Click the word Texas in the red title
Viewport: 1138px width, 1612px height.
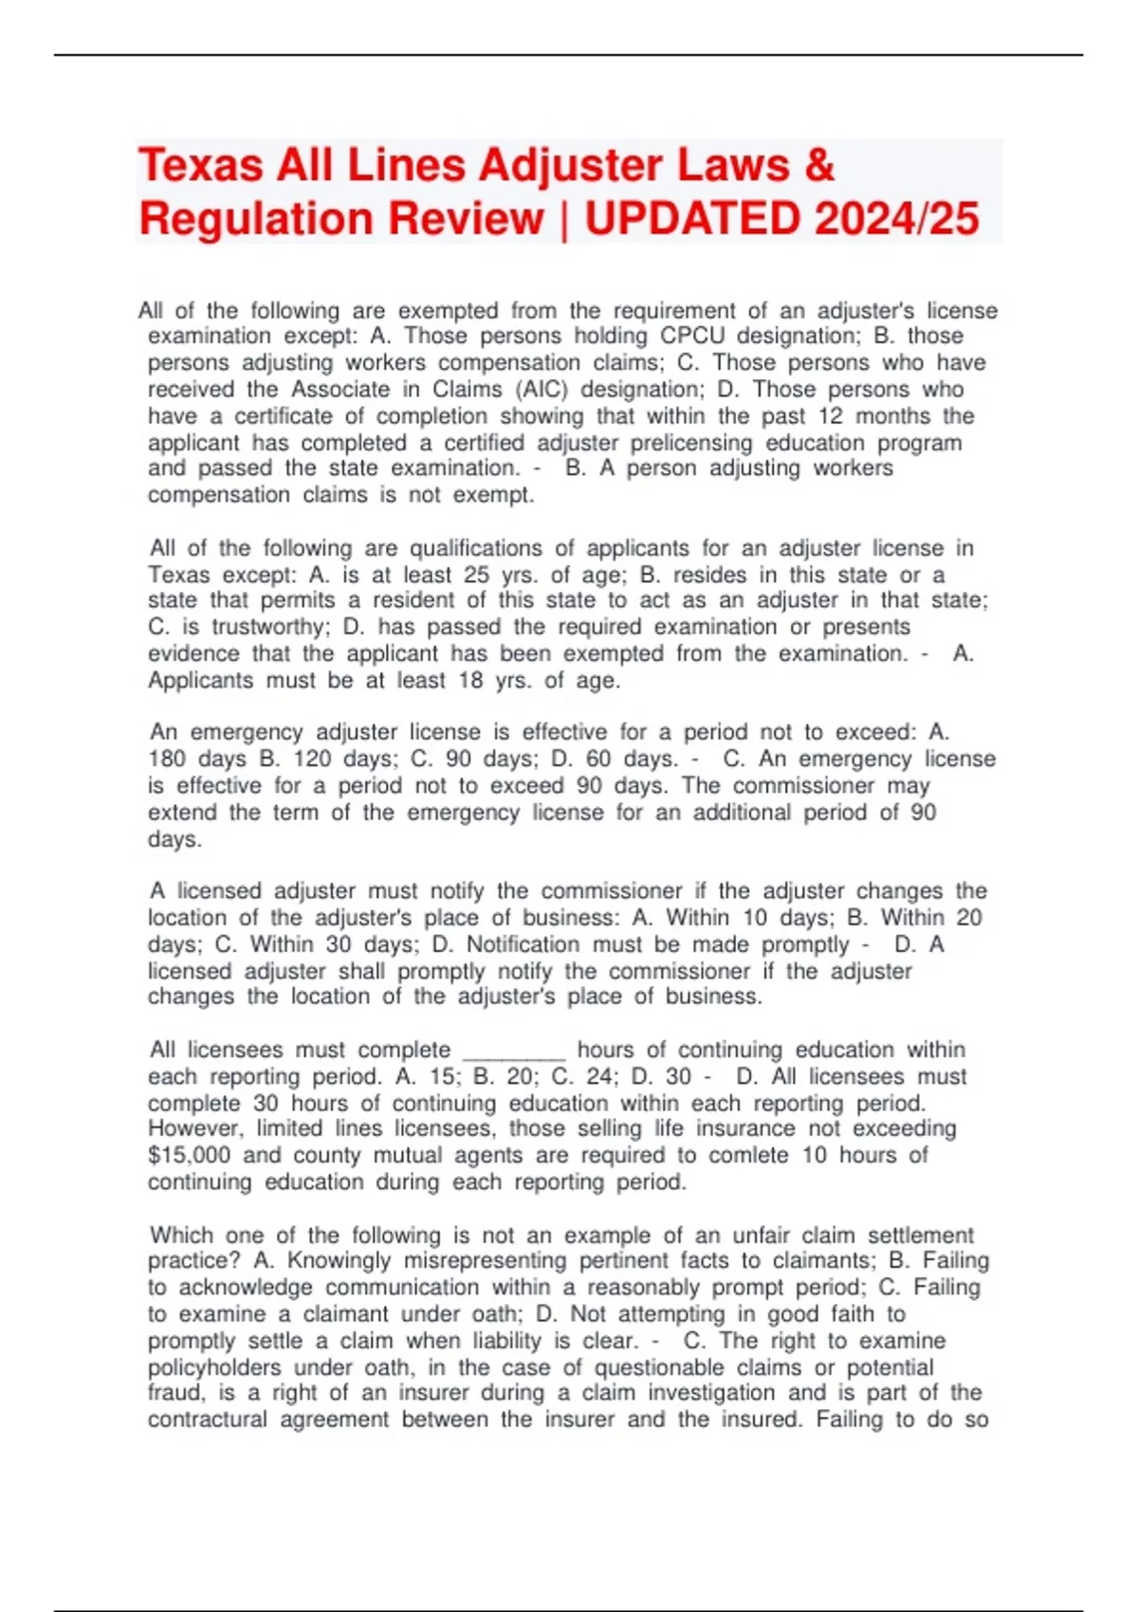pos(200,166)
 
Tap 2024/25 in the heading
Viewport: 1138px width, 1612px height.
pos(895,219)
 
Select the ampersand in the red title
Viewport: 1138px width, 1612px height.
pos(818,166)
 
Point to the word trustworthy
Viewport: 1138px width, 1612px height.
pos(269,627)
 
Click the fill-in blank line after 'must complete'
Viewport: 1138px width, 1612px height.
pos(513,1051)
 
